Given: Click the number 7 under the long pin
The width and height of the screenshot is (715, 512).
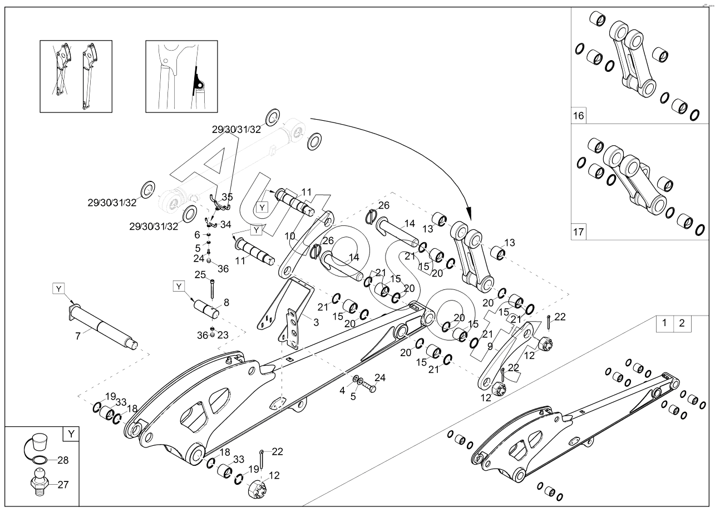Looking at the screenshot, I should [x=78, y=336].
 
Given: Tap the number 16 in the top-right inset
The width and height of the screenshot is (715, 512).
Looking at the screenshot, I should [x=579, y=116].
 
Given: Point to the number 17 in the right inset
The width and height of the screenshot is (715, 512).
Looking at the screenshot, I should [x=579, y=232].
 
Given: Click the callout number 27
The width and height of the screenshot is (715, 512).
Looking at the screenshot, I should [x=63, y=484].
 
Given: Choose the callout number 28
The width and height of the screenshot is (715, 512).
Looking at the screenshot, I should [x=63, y=460].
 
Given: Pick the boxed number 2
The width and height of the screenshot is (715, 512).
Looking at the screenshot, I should [x=682, y=323].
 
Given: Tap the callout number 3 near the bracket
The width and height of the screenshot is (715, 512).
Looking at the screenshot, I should [x=316, y=323].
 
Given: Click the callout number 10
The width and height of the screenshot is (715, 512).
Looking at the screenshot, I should [x=290, y=236].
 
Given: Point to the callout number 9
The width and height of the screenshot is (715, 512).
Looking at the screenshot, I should [x=490, y=346].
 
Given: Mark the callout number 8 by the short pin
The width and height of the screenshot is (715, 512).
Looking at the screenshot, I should [x=226, y=303].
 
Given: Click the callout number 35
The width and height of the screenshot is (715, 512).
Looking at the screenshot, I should [x=228, y=197].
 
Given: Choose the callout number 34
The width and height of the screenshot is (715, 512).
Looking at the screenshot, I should [x=225, y=224].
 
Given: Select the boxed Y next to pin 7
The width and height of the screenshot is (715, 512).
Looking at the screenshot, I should [x=59, y=288].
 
